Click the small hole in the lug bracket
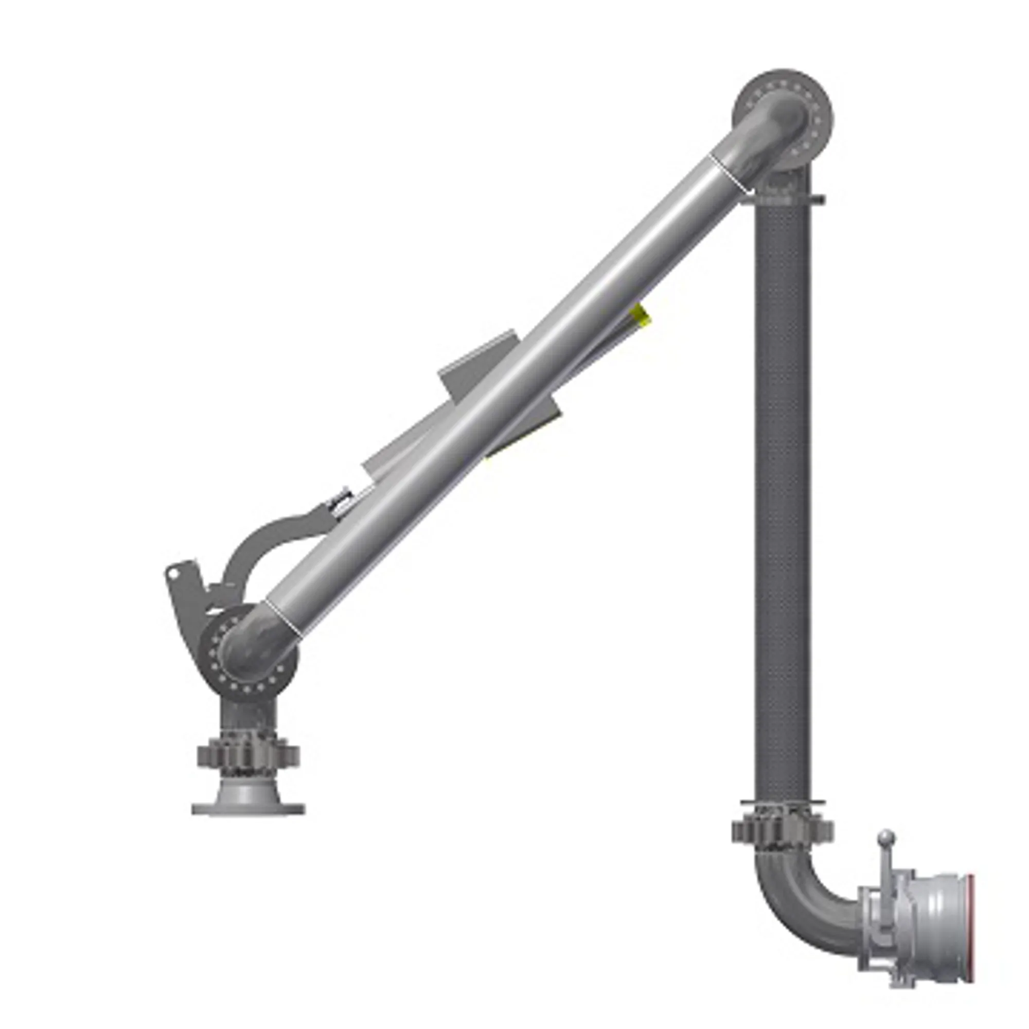pos(172,574)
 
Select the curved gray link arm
pos(267,538)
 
